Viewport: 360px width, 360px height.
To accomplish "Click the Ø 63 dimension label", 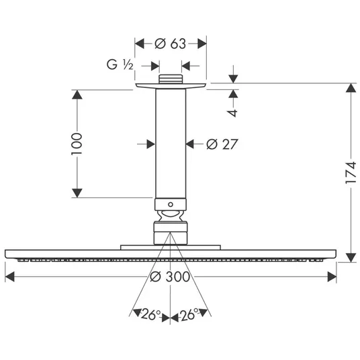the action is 170,44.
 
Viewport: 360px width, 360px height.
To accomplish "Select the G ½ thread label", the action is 120,64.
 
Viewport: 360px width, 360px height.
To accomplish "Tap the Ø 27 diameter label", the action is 222,144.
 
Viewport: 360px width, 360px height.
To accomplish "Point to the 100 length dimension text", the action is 77,144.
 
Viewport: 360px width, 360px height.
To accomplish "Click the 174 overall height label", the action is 351,173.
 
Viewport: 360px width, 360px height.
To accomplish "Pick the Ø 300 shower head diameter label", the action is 170,277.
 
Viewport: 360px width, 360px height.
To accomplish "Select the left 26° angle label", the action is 151,314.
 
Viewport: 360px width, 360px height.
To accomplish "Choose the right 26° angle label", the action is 189,314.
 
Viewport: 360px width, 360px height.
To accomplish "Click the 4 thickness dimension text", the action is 233,113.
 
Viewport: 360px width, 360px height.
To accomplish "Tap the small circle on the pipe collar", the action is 171,204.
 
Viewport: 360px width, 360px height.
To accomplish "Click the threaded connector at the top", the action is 171,79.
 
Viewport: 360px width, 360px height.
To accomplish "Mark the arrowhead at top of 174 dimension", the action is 351,88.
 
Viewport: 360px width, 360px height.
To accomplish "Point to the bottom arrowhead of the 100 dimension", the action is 77,193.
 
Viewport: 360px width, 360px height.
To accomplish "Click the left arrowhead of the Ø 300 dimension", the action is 9,277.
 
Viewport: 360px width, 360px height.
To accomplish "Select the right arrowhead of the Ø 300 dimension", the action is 332,277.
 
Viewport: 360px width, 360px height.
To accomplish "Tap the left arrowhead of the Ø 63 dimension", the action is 139,44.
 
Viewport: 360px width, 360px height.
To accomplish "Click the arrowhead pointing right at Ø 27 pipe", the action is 150,144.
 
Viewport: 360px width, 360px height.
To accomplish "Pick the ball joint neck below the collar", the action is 171,216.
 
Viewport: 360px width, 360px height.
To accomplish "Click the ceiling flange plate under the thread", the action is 171,86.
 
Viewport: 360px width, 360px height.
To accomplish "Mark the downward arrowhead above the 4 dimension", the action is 233,79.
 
